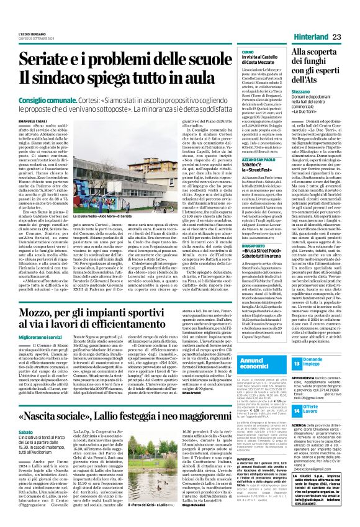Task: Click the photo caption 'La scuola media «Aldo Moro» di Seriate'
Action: click(x=108, y=195)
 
